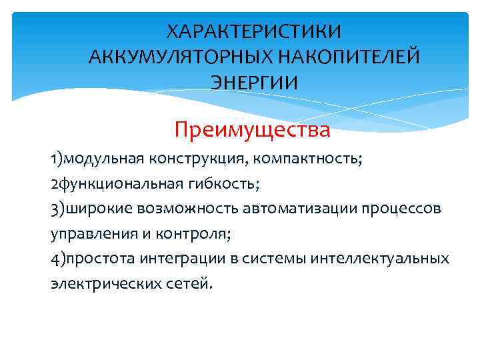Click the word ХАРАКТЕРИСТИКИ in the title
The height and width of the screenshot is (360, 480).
click(x=254, y=32)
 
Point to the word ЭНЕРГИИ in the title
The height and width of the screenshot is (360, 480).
click(x=254, y=83)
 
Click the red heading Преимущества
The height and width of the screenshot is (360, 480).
click(x=252, y=129)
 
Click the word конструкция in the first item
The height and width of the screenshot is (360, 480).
click(x=214, y=160)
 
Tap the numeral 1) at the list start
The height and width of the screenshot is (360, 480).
click(x=57, y=160)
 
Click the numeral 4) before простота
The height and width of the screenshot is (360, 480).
click(x=57, y=259)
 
